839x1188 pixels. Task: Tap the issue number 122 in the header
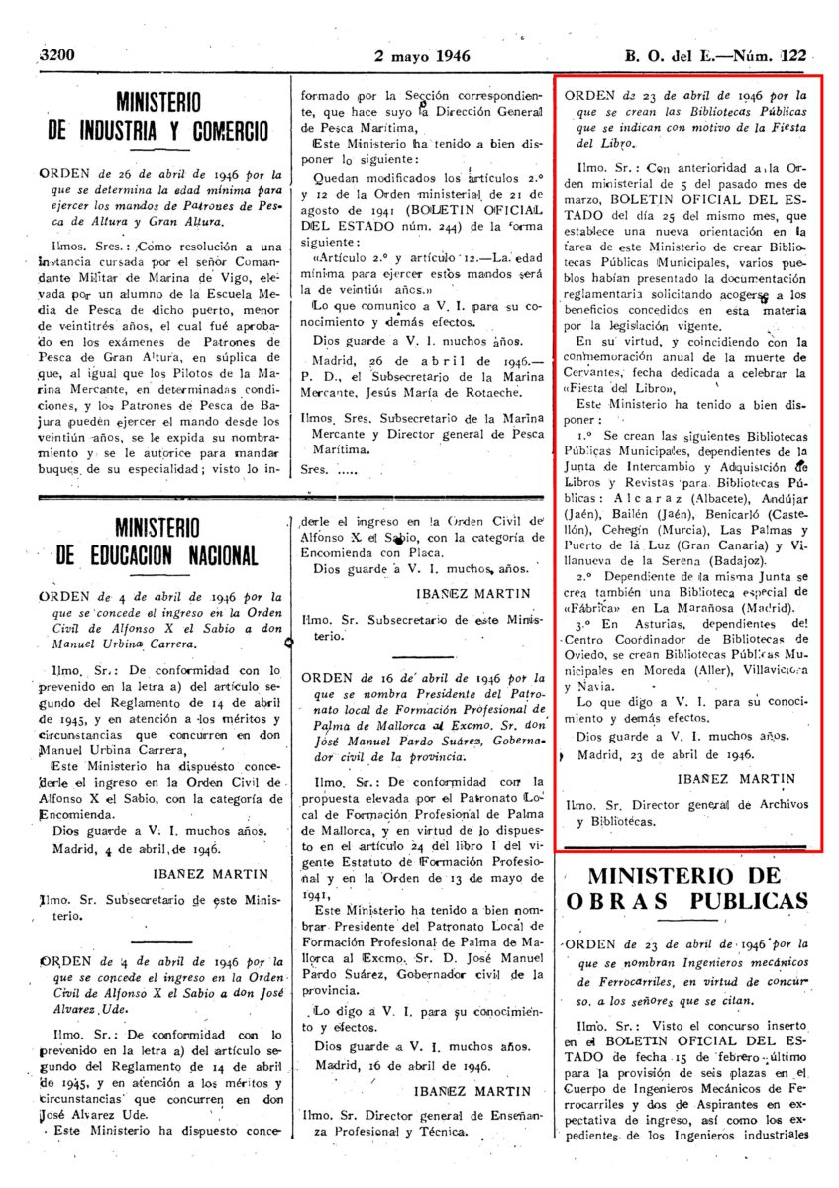[792, 55]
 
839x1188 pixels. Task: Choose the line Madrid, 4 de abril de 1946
[131, 848]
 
